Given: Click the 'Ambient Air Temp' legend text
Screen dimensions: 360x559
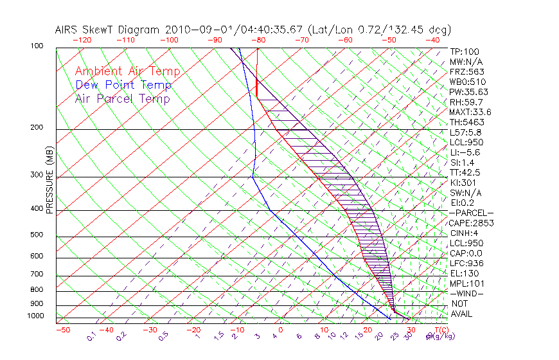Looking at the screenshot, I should point(127,71).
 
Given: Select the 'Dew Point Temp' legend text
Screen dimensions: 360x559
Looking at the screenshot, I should point(123,85).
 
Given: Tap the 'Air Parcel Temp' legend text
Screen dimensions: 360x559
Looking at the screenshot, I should point(122,98).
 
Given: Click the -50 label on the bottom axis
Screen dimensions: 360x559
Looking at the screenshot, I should point(62,330).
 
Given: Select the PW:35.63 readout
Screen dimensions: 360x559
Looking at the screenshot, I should point(469,92).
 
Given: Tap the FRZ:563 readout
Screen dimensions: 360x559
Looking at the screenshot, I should point(467,71).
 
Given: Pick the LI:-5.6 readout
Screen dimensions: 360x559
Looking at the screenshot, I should point(465,152).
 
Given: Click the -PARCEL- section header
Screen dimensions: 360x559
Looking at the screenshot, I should point(471,213).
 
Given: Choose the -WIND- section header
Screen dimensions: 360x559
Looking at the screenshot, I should point(467,293).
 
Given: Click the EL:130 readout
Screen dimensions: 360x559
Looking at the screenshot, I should point(465,273).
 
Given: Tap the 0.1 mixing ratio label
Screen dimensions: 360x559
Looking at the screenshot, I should point(91,336).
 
